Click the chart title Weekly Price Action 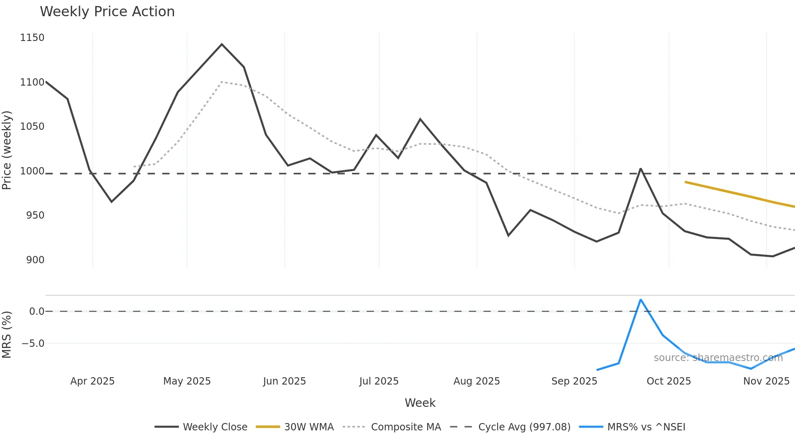pyautogui.click(x=107, y=12)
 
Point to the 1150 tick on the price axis pyautogui.click(x=32, y=38)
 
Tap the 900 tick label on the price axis pyautogui.click(x=35, y=260)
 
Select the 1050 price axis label pyautogui.click(x=32, y=127)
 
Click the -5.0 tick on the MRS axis pyautogui.click(x=33, y=344)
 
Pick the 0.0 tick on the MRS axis pyautogui.click(x=37, y=312)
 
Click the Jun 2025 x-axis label pyautogui.click(x=284, y=381)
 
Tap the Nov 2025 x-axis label pyautogui.click(x=766, y=381)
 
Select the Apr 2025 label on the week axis pyautogui.click(x=92, y=381)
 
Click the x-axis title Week pyautogui.click(x=420, y=403)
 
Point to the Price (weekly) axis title pyautogui.click(x=7, y=150)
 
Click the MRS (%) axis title pyautogui.click(x=7, y=335)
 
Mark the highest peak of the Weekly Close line pyautogui.click(x=221, y=44)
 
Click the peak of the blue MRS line pyautogui.click(x=640, y=300)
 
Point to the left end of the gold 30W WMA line pyautogui.click(x=685, y=182)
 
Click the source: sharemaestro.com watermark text pyautogui.click(x=718, y=358)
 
